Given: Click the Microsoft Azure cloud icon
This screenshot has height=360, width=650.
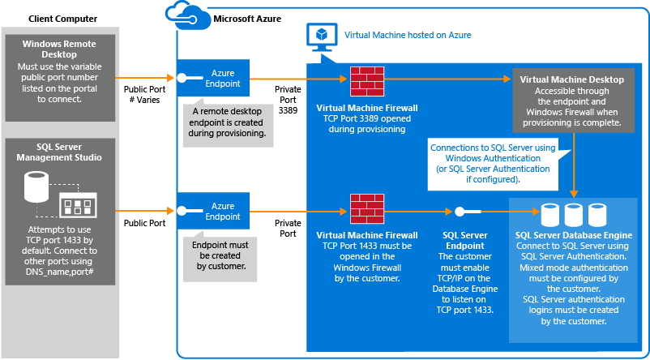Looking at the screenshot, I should tap(186, 14).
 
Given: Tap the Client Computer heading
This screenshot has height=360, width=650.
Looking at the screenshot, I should tap(62, 18).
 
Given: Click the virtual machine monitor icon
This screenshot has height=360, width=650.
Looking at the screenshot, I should tap(320, 36).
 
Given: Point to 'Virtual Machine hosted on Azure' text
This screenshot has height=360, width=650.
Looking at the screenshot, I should tap(408, 36).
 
